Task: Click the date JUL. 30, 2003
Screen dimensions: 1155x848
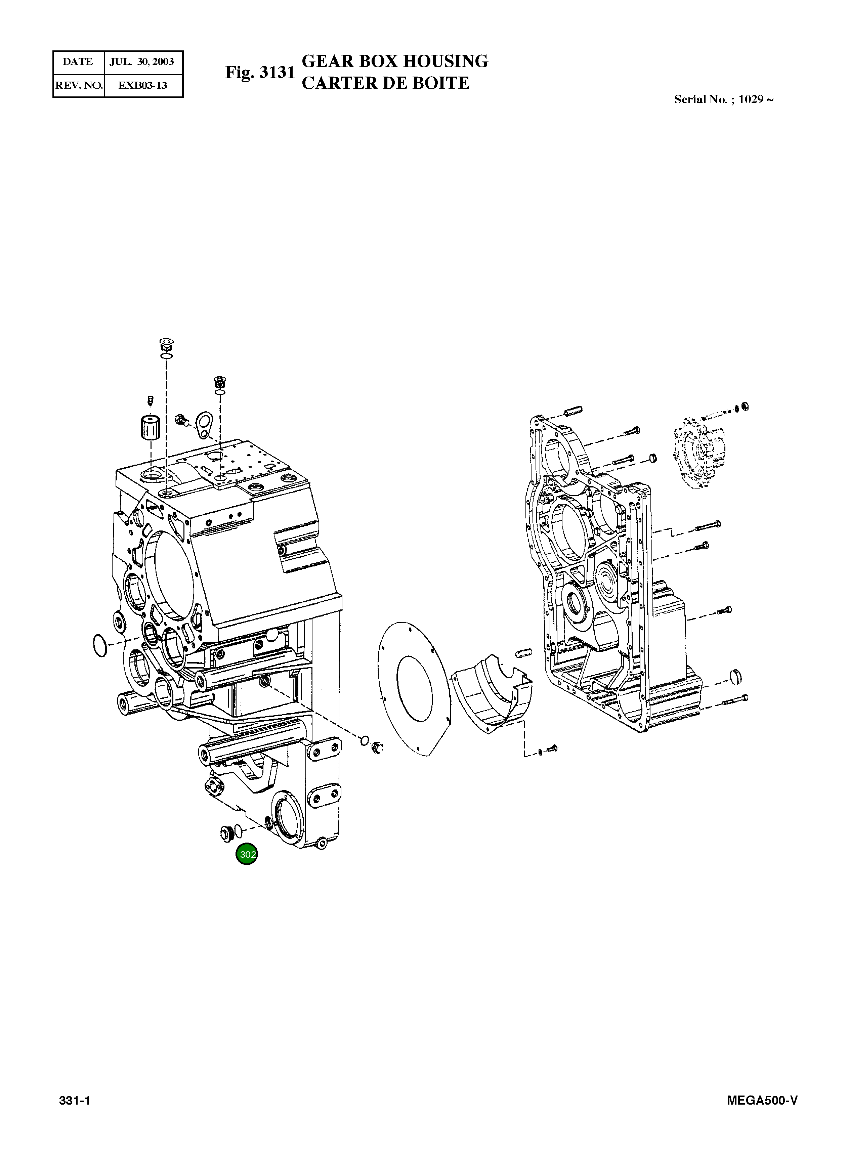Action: [142, 61]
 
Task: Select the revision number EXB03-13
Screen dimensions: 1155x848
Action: [143, 85]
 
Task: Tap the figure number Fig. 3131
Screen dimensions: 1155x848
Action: [260, 72]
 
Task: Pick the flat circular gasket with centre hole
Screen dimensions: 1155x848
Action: [414, 688]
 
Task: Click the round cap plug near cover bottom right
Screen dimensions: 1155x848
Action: [735, 676]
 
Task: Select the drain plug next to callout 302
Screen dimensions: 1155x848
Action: [225, 831]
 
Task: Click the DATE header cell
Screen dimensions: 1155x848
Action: [78, 61]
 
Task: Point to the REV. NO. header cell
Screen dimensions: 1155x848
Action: [79, 85]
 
